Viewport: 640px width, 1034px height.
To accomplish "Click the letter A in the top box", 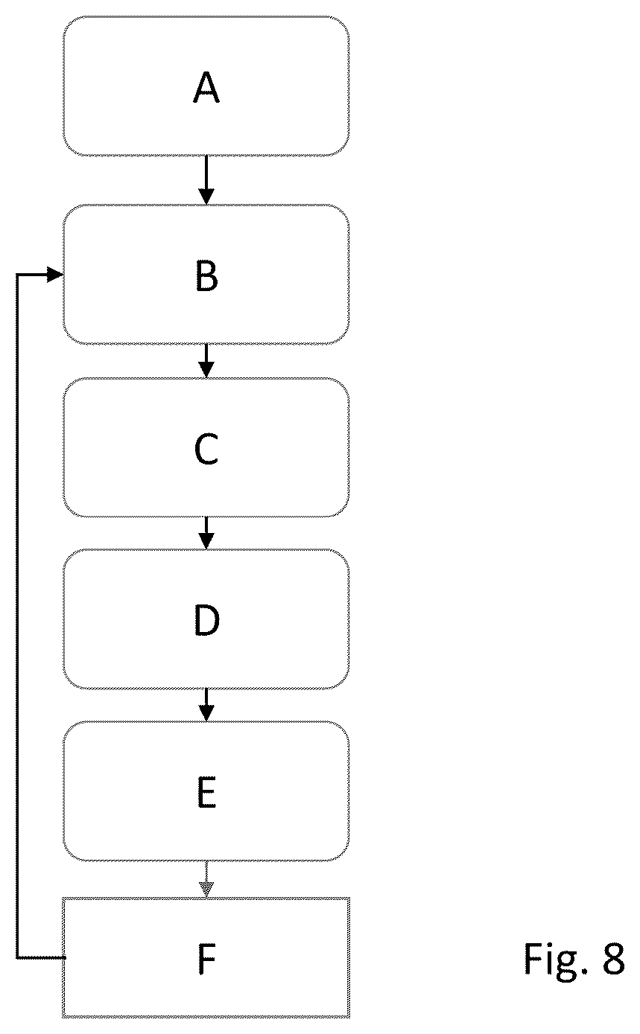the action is pos(206,87).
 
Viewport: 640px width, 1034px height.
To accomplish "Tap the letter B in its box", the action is pos(206,275).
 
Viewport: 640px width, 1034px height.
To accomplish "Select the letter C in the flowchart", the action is pos(206,449).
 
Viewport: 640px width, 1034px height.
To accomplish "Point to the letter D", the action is pos(206,620).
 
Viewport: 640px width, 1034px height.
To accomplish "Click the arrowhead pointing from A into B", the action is pos(206,197).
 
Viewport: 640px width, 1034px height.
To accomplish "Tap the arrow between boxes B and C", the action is pos(206,360).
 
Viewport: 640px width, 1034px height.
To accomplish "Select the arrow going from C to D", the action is pos(206,533).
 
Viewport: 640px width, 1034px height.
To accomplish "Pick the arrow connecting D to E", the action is pos(206,704).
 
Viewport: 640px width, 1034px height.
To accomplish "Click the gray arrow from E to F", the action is pos(206,879).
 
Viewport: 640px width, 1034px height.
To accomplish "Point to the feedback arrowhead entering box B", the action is pos(55,275).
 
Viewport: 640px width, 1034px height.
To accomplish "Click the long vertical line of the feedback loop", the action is pos(17,616).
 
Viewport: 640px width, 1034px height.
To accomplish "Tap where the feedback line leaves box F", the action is pos(65,958).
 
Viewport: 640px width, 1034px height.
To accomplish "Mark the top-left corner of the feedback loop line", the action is pos(17,275).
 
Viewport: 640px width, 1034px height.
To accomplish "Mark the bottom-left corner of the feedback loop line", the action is pos(17,958).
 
